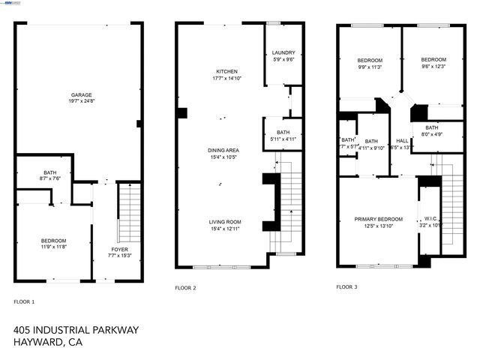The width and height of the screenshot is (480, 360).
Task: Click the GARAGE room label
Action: [82, 94]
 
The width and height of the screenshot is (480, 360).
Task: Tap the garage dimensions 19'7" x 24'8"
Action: [82, 100]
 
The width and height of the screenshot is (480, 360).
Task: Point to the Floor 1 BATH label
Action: [50, 172]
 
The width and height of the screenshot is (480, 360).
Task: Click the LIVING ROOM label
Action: [224, 222]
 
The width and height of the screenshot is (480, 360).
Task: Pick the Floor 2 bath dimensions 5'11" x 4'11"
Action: [283, 139]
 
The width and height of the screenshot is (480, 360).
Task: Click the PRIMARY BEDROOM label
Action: [378, 219]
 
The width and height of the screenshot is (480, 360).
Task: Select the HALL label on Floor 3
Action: [402, 140]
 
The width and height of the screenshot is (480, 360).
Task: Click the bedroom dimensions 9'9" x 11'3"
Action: [369, 67]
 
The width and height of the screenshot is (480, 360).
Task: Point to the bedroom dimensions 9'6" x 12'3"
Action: [433, 67]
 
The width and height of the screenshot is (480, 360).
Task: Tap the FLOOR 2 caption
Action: [185, 287]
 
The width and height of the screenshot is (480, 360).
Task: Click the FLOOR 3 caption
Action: [346, 286]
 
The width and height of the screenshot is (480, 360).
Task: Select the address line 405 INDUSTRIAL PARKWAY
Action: [76, 329]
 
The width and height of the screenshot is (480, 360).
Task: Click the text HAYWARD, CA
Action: [47, 343]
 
